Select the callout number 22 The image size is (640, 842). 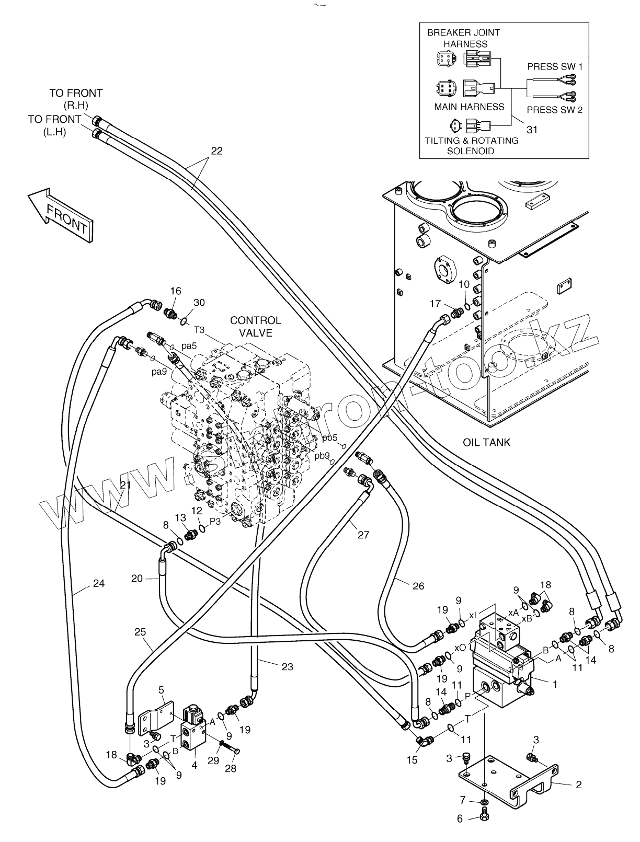point(216,151)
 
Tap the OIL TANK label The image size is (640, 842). point(486,442)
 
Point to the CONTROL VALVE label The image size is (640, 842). point(256,326)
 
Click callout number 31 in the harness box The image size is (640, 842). point(532,129)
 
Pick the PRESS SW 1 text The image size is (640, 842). point(554,66)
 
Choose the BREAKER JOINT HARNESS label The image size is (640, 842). point(463,38)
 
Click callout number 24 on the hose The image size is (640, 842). point(99,583)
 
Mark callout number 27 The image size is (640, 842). point(363,535)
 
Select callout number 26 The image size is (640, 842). point(418,586)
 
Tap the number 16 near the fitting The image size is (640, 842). point(176,291)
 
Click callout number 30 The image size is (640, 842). point(199,303)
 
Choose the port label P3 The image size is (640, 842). point(216,521)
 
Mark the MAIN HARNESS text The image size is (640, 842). point(469,107)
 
